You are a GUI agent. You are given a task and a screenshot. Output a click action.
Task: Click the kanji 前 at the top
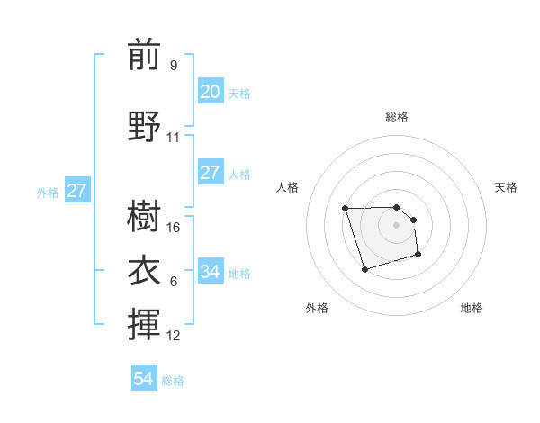144,56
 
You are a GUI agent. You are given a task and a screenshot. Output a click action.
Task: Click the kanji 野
144,127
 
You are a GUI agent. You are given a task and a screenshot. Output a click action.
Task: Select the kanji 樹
144,217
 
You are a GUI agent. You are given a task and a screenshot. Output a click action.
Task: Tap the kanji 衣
144,269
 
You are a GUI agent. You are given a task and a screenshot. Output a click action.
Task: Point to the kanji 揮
144,324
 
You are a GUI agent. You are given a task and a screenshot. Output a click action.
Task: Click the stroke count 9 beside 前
173,65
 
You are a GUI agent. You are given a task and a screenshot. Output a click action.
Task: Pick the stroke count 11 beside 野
173,138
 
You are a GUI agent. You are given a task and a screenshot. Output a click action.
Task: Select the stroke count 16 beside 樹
174,228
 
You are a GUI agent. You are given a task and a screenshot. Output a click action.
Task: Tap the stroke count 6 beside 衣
173,282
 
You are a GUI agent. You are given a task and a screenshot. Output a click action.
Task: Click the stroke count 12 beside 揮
174,336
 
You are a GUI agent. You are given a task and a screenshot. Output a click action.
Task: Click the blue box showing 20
210,92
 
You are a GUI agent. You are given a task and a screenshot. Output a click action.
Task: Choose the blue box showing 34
210,272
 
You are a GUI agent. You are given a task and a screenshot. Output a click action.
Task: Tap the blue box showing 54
144,380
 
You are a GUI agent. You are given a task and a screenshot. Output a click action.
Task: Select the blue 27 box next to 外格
76,191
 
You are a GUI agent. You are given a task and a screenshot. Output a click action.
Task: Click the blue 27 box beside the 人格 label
210,173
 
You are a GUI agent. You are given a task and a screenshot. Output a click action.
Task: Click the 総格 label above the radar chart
397,117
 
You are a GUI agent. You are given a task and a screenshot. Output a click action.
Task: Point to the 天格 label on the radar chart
507,187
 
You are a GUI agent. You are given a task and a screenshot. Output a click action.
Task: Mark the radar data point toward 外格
364,269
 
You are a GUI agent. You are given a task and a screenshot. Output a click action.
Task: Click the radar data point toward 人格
346,209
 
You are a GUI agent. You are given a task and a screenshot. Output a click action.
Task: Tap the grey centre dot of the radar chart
397,225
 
